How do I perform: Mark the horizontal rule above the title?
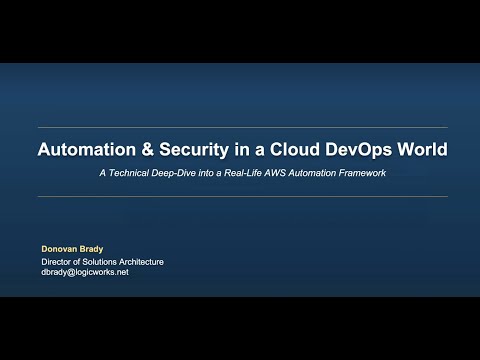240,128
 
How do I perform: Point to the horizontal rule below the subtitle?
240,197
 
